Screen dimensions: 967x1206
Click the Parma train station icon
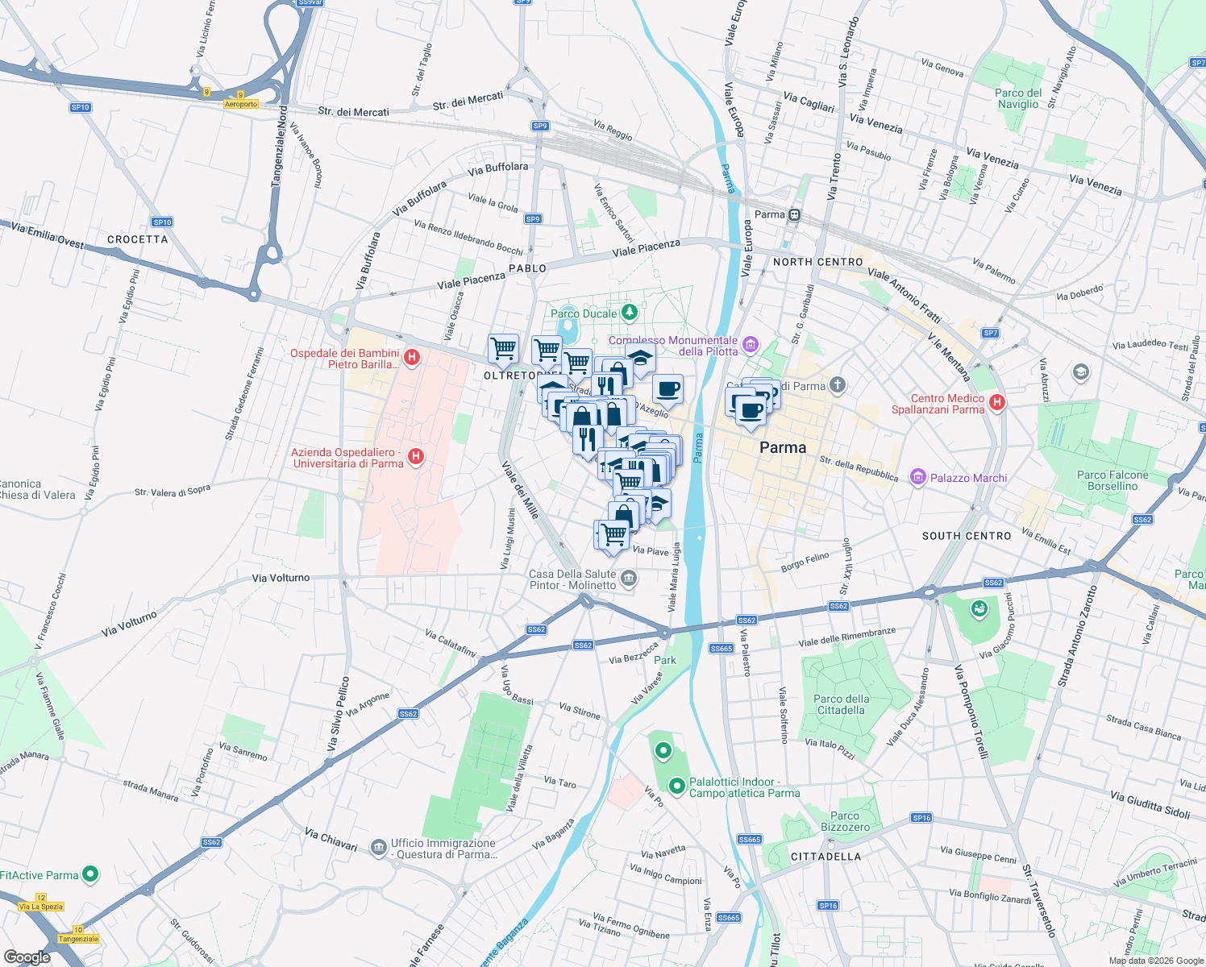click(x=795, y=214)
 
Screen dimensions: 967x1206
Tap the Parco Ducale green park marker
click(x=630, y=313)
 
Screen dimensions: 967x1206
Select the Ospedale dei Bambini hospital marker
click(x=412, y=357)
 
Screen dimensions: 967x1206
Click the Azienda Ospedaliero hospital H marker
click(x=416, y=457)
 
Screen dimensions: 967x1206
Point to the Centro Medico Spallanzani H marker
click(x=997, y=402)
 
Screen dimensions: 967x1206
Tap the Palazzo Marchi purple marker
click(x=917, y=477)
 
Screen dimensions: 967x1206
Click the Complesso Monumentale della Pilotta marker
click(x=751, y=345)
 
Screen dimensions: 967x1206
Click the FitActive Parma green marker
click(x=90, y=874)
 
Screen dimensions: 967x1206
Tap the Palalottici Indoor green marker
click(x=677, y=785)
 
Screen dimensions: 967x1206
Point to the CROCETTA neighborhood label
click(x=138, y=239)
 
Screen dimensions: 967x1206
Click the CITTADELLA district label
click(x=825, y=857)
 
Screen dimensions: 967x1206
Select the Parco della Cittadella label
click(x=841, y=704)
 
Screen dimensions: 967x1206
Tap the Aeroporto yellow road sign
click(x=241, y=104)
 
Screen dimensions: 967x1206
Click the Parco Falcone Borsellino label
click(x=1112, y=480)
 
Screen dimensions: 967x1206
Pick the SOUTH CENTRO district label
click(x=966, y=536)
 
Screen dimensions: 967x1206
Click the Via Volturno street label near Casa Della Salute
click(x=281, y=578)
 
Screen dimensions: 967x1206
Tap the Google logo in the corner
click(x=27, y=957)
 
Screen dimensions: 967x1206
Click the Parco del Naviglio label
click(x=1017, y=98)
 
